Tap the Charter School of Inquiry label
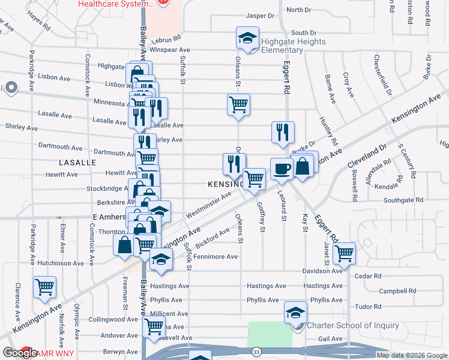click(x=352, y=326)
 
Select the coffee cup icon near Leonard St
click(x=281, y=169)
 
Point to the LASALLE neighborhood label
click(x=77, y=163)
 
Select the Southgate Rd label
click(x=403, y=200)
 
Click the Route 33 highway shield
click(x=256, y=351)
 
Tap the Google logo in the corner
click(x=19, y=353)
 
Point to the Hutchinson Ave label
click(x=61, y=263)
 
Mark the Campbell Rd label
click(x=397, y=291)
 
